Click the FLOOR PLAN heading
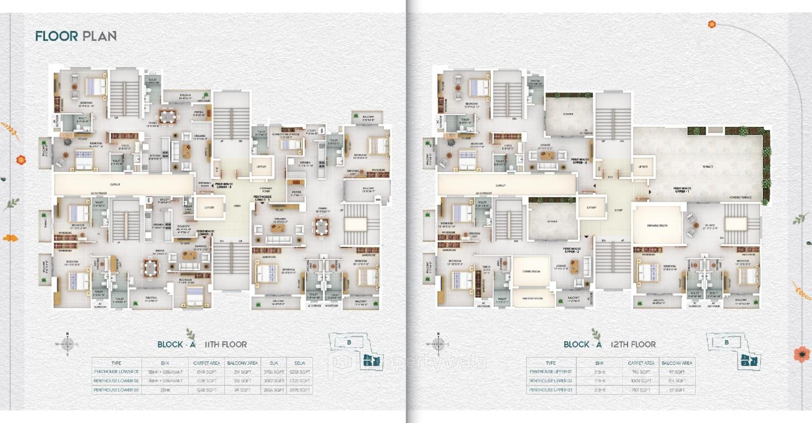(x=76, y=36)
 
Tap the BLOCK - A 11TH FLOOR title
(x=202, y=344)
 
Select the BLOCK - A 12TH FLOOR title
(x=610, y=344)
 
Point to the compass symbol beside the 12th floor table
(x=438, y=344)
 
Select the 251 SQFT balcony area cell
(x=242, y=372)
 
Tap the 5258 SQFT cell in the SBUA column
(x=299, y=372)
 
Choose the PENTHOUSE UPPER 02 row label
(x=550, y=381)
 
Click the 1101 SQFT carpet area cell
(x=641, y=390)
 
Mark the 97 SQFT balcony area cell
(x=677, y=372)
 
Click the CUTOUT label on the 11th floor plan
(x=115, y=185)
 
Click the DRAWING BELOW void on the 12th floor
(x=657, y=225)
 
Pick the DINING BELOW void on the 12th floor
(x=532, y=272)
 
